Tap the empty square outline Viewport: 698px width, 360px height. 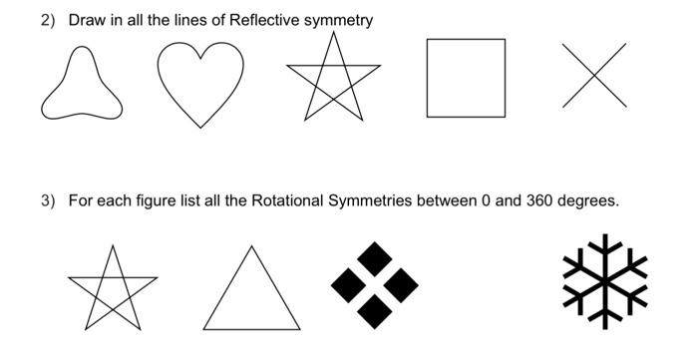pyautogui.click(x=466, y=78)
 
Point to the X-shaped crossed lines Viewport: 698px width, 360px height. pyautogui.click(x=595, y=75)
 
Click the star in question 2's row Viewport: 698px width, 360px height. pyautogui.click(x=332, y=78)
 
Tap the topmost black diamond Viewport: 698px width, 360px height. pyautogui.click(x=375, y=260)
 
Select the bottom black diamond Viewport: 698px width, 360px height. pyautogui.click(x=375, y=311)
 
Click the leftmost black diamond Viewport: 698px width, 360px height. pyautogui.click(x=349, y=286)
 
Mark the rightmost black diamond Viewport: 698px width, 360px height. pyautogui.click(x=401, y=286)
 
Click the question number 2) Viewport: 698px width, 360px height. pyautogui.click(x=48, y=20)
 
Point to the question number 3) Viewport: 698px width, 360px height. pyautogui.click(x=48, y=200)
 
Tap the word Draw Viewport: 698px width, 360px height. pyautogui.click(x=85, y=20)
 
